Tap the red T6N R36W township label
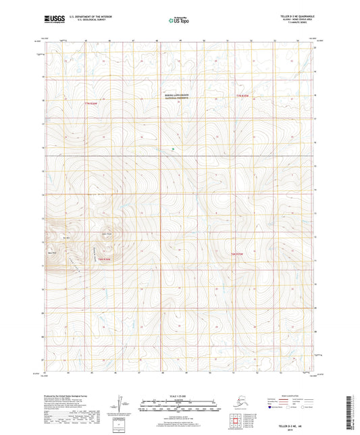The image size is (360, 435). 103,259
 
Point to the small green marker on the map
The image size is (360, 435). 174,149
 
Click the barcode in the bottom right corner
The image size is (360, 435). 351,405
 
